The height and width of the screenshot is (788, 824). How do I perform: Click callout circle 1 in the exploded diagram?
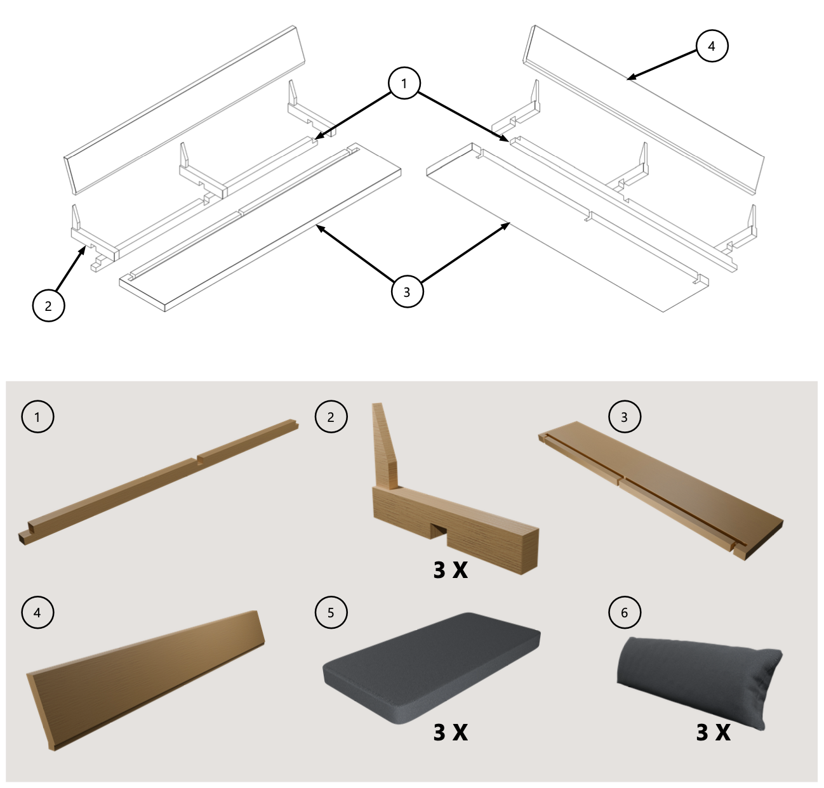click(x=404, y=83)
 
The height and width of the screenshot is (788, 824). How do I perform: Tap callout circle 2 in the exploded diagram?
click(x=48, y=306)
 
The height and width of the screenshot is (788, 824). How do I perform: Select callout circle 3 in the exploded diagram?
click(x=407, y=292)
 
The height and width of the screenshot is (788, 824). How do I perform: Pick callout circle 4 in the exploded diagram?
click(x=712, y=46)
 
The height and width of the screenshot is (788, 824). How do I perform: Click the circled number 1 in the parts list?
click(x=37, y=417)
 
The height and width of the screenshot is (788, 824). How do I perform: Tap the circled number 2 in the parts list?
click(x=331, y=417)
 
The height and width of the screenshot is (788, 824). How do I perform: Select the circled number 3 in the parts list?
click(x=624, y=417)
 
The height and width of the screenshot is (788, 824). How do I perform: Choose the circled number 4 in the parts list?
click(x=37, y=612)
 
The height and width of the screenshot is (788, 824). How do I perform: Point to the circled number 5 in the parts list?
click(x=331, y=612)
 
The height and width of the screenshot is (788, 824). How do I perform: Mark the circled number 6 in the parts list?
click(x=624, y=612)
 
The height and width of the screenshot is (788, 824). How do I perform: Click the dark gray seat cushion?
click(x=431, y=668)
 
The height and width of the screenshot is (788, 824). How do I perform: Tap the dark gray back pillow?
click(x=699, y=681)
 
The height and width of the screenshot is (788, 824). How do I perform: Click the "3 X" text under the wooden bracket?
click(x=450, y=570)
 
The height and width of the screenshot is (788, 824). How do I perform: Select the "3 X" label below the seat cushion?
click(x=450, y=732)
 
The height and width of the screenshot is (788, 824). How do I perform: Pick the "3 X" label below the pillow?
click(x=713, y=732)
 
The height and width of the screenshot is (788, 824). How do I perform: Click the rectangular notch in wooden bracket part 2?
click(x=440, y=531)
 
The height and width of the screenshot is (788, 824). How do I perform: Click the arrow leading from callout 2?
click(x=69, y=268)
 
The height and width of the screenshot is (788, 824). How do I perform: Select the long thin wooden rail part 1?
click(x=159, y=482)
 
